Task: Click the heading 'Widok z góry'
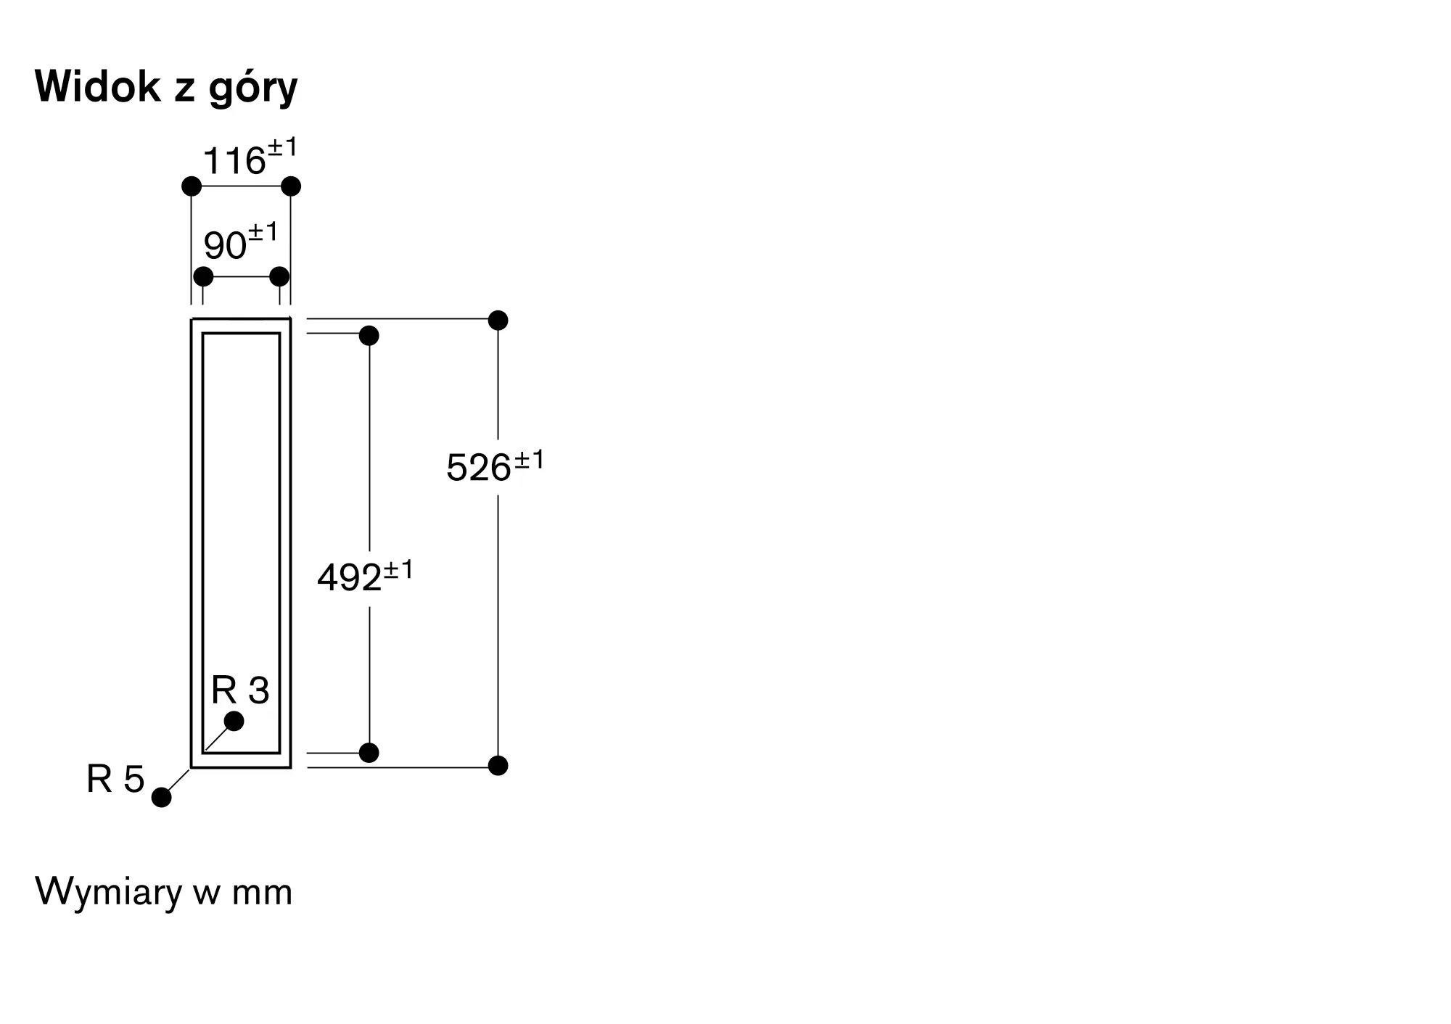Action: (x=166, y=88)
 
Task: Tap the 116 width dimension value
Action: (x=250, y=157)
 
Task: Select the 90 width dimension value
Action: (x=241, y=242)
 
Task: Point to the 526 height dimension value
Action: (x=495, y=466)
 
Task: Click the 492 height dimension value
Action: (x=365, y=576)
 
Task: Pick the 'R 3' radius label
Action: (x=240, y=690)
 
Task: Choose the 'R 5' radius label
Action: (x=115, y=780)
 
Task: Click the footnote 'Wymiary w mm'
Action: (x=164, y=891)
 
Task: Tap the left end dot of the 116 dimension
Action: (x=192, y=186)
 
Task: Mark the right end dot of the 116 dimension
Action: (x=291, y=186)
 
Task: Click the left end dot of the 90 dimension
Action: (x=204, y=276)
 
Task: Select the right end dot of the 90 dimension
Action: (x=279, y=276)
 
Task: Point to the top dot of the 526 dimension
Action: (x=498, y=320)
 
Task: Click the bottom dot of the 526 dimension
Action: (x=498, y=765)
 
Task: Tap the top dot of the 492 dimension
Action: (x=369, y=336)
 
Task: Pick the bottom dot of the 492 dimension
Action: (x=369, y=753)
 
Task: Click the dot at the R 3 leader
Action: (x=234, y=721)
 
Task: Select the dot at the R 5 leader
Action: (x=162, y=797)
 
